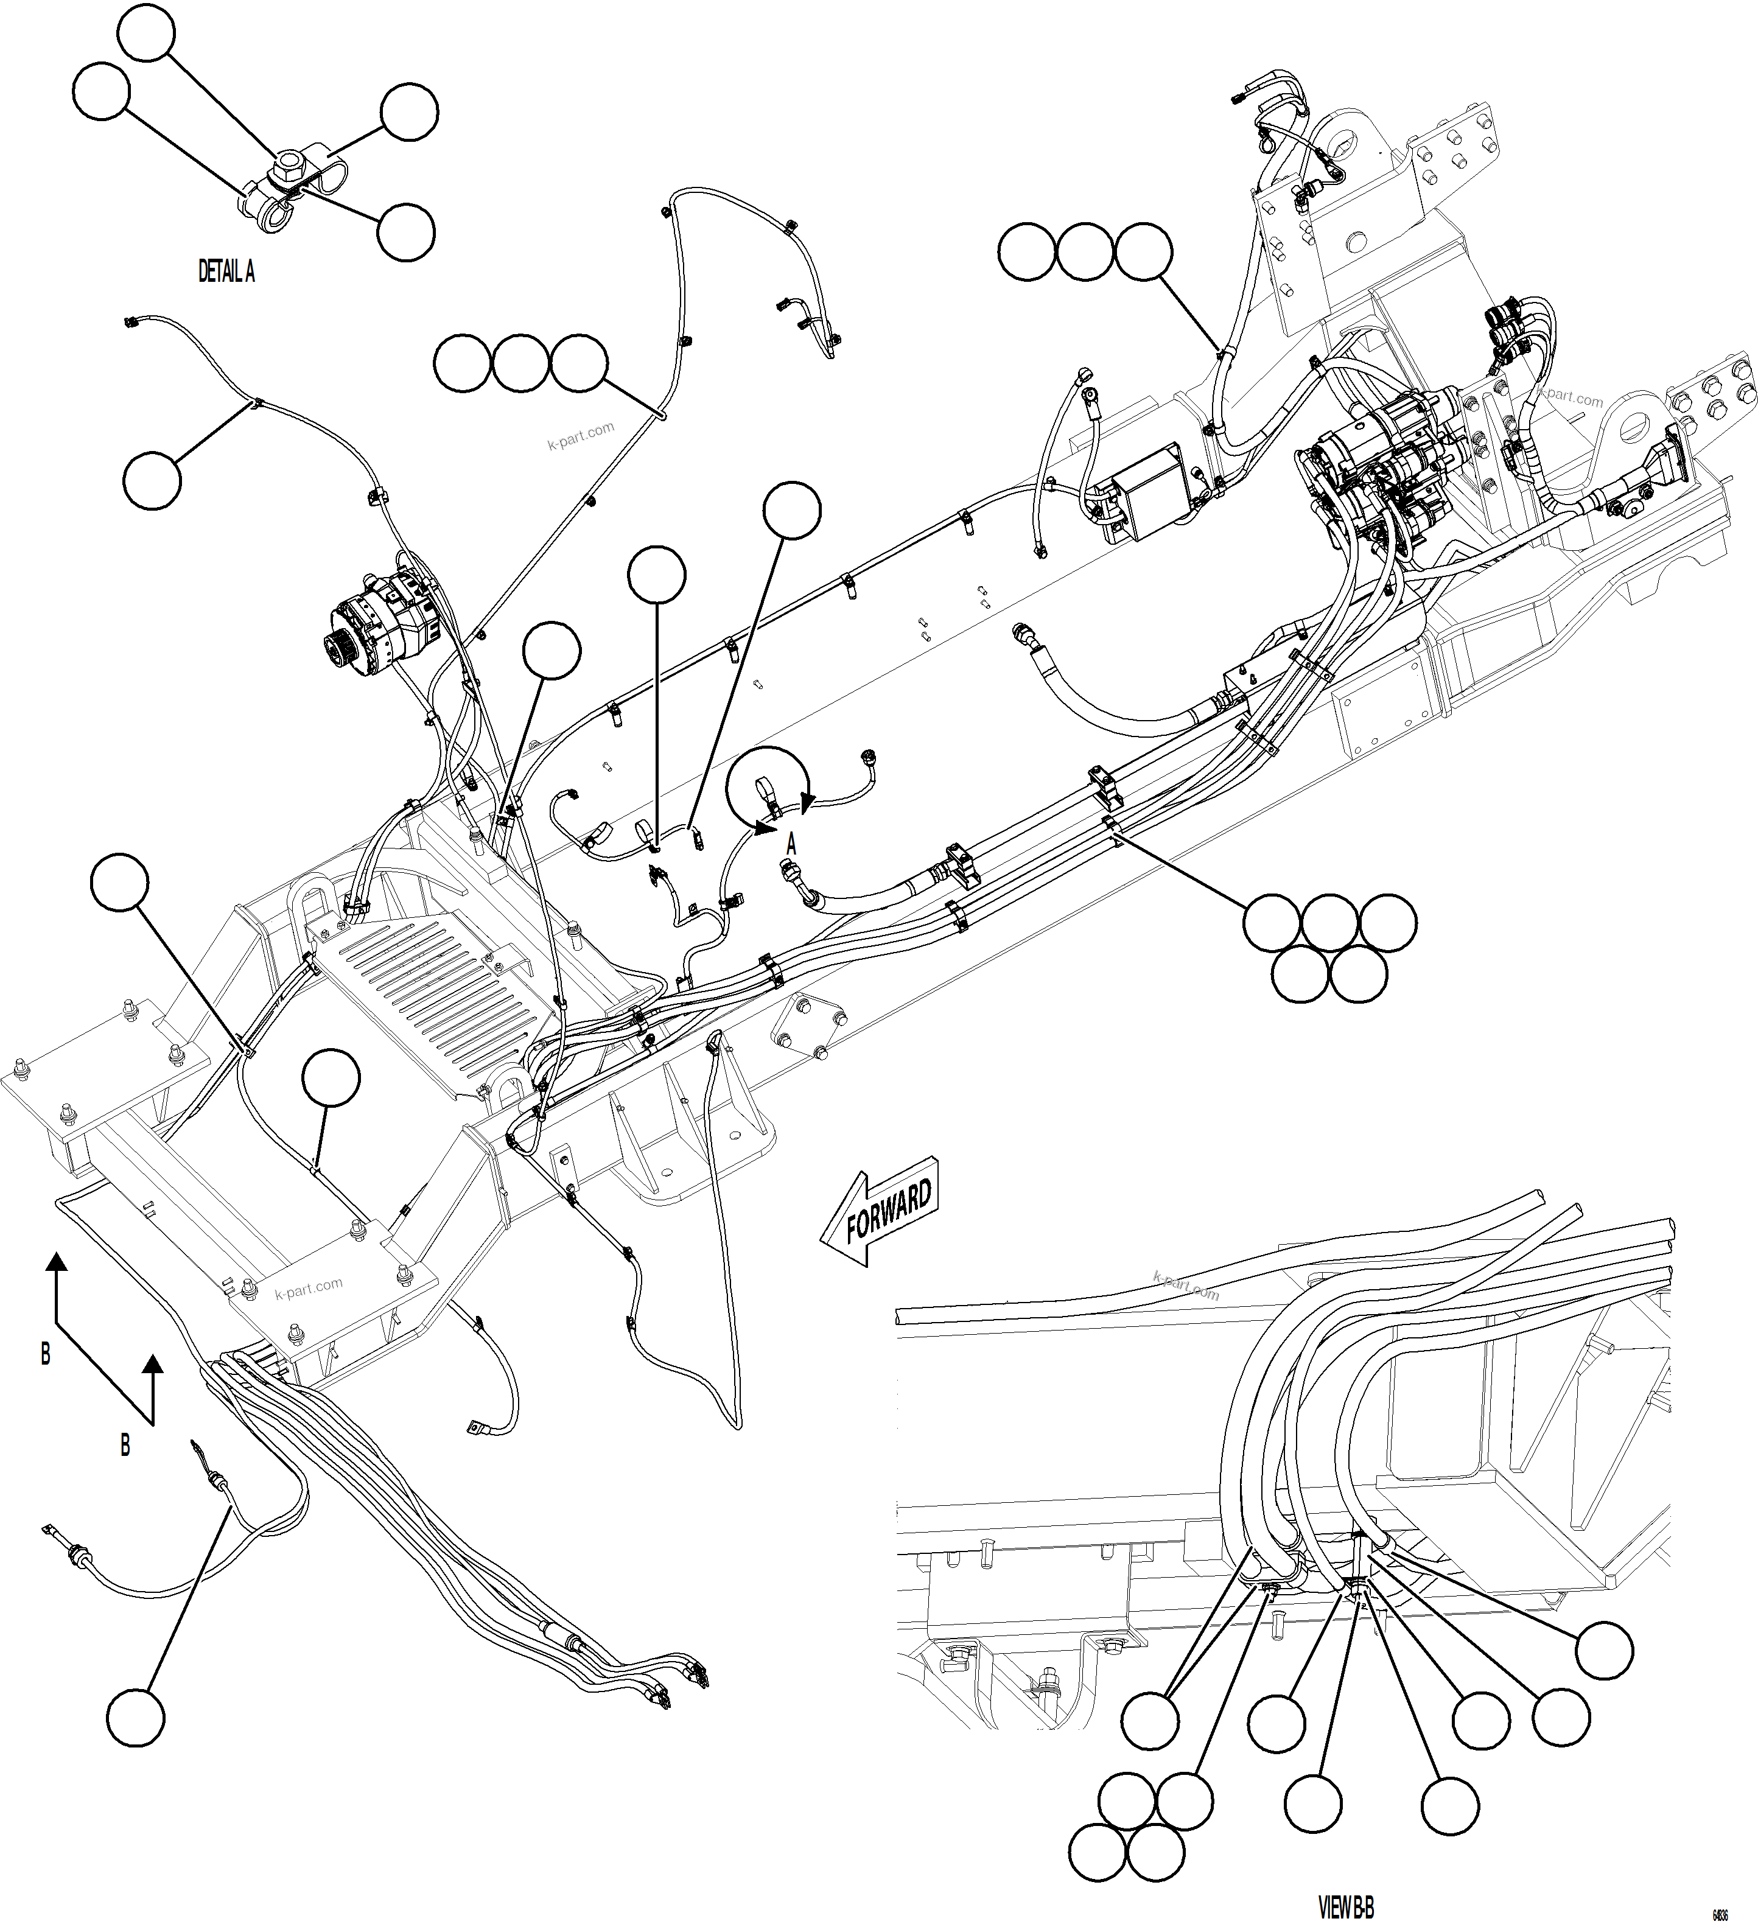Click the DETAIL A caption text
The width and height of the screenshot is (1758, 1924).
pyautogui.click(x=226, y=272)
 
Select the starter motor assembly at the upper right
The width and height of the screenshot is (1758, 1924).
pyautogui.click(x=1384, y=458)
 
